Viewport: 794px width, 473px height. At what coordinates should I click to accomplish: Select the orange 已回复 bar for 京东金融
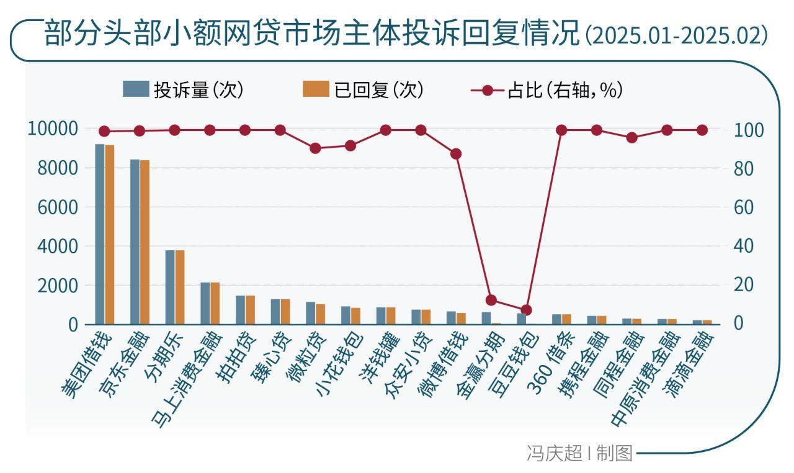click(x=145, y=242)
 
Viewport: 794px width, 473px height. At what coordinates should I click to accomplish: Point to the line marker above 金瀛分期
click(x=491, y=300)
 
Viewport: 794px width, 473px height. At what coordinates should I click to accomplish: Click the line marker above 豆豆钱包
click(x=526, y=310)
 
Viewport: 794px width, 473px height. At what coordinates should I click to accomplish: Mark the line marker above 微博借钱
click(x=456, y=154)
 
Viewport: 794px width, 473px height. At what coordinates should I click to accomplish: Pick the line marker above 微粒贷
click(x=315, y=148)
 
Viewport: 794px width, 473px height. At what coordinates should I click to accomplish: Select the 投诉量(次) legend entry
click(x=184, y=91)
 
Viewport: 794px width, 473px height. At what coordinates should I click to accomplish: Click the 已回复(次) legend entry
click(x=364, y=91)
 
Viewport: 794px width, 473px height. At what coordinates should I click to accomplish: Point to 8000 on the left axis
click(x=53, y=168)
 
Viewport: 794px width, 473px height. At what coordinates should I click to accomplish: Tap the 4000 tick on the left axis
click(x=53, y=246)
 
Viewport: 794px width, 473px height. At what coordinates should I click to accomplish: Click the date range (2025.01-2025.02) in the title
click(x=676, y=36)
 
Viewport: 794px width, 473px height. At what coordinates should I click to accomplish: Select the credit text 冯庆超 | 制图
click(x=579, y=453)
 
